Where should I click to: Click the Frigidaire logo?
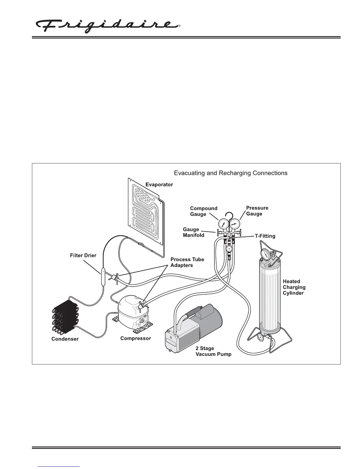coord(108,26)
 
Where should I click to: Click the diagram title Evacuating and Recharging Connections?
coord(230,173)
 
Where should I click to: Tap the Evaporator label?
coord(159,184)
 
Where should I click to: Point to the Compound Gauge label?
coord(203,211)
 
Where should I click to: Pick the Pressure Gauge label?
coord(257,211)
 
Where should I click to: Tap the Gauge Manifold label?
coord(193,232)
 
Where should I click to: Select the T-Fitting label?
coord(265,236)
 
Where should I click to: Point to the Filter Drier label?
coord(83,255)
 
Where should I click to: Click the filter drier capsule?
coord(103,276)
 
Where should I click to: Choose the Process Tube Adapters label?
coord(187,262)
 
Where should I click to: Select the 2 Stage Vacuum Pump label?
coord(213,351)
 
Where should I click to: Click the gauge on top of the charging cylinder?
coord(266,254)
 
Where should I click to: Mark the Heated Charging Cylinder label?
coord(294,287)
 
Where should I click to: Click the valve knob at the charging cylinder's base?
coord(261,337)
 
